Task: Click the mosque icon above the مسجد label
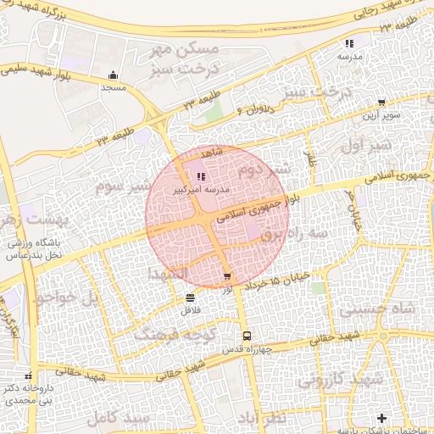(x=113, y=75)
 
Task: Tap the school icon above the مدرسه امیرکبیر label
(x=201, y=176)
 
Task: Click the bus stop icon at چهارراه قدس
(x=247, y=336)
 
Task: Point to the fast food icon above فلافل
(x=189, y=298)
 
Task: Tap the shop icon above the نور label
(x=227, y=276)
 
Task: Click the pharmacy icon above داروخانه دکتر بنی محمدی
(x=29, y=376)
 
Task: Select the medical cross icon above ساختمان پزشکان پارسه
(x=381, y=418)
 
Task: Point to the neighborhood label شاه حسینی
(x=372, y=309)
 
